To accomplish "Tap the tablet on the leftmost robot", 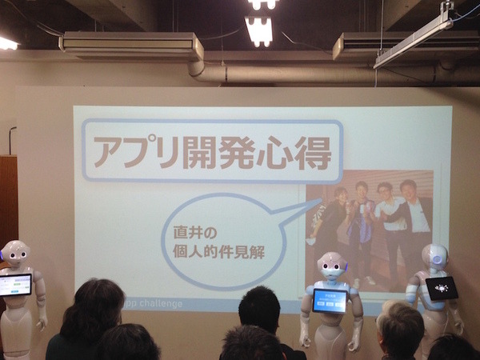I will pyautogui.click(x=15, y=284).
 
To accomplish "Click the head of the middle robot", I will pyautogui.click(x=330, y=266).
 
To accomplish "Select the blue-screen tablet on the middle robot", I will pyautogui.click(x=330, y=300).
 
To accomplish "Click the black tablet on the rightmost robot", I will pyautogui.click(x=442, y=288).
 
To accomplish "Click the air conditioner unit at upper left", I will pyautogui.click(x=131, y=45).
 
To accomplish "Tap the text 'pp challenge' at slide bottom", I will pyautogui.click(x=160, y=304).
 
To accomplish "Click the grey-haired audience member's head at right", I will pyautogui.click(x=400, y=328).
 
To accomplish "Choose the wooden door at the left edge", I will pyautogui.click(x=8, y=200).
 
